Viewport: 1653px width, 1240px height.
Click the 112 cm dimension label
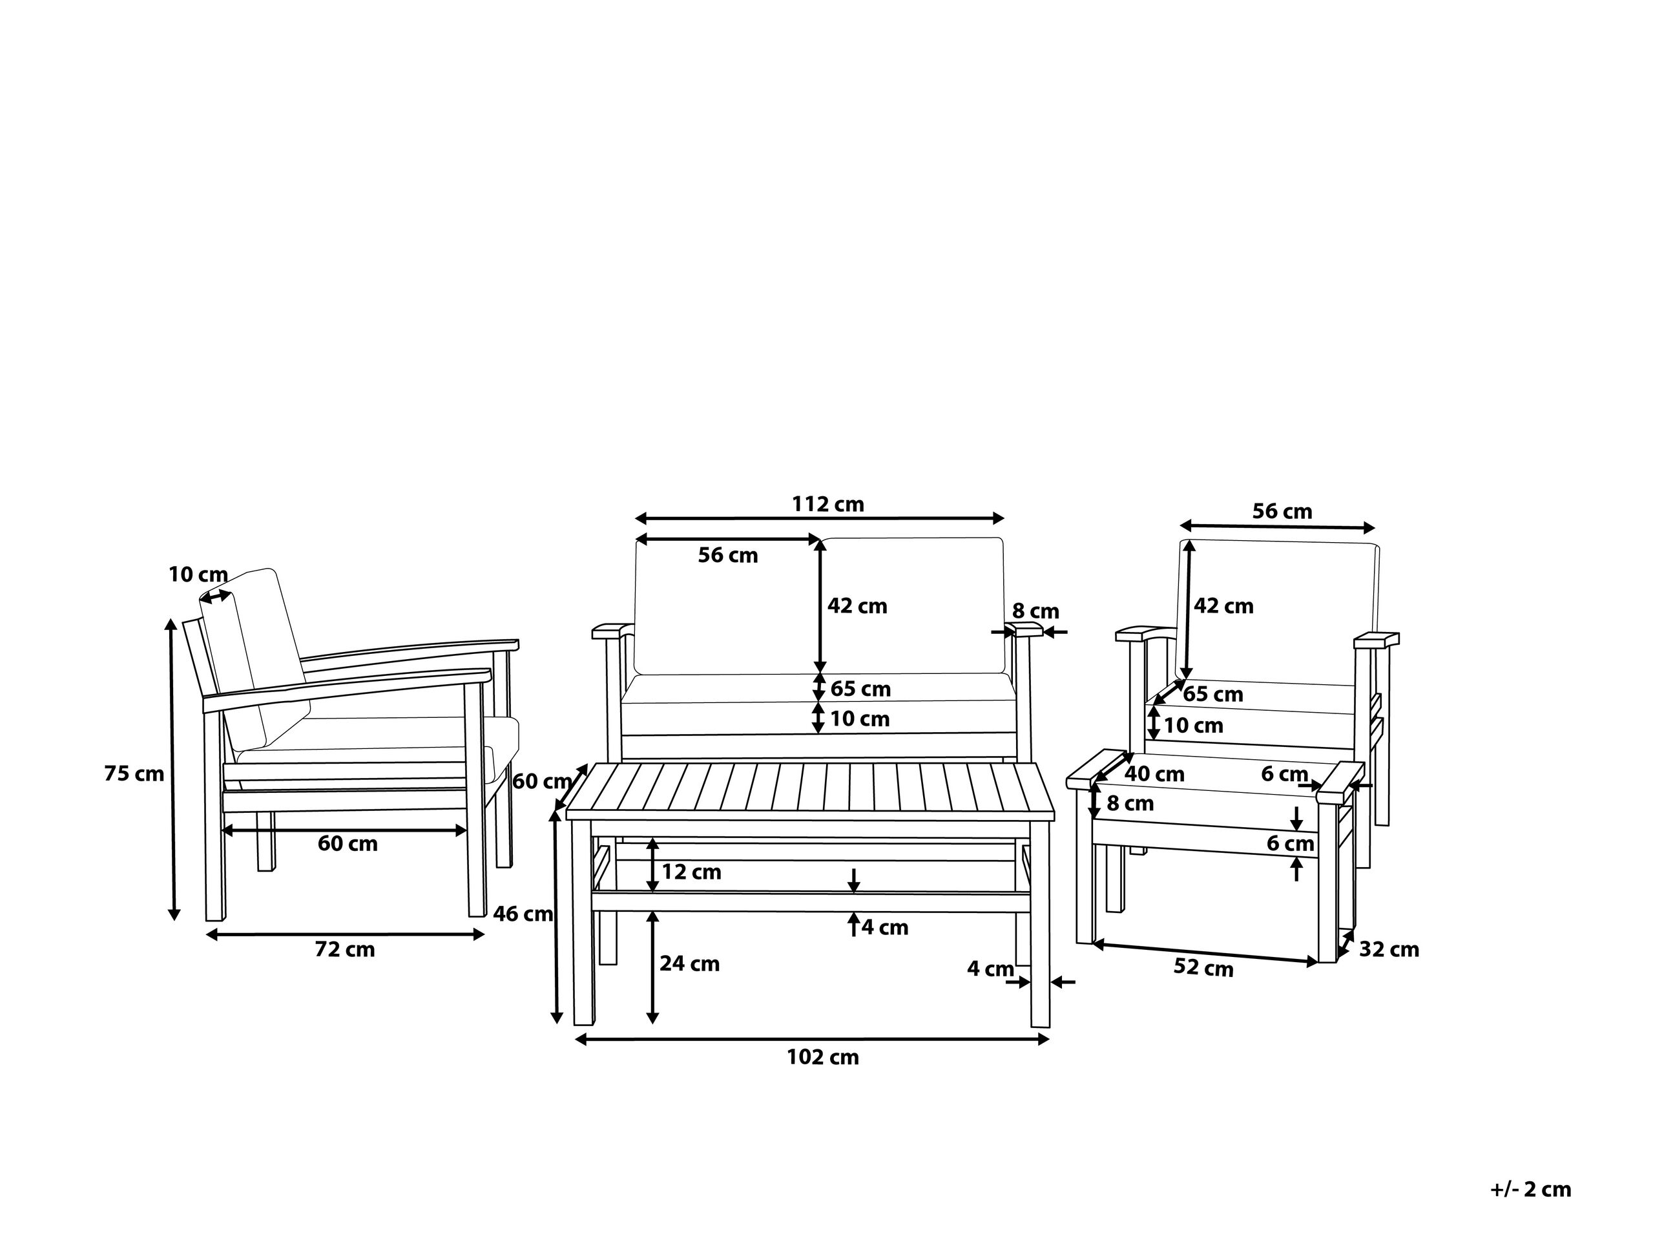point(828,505)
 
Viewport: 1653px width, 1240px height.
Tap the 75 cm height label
point(134,773)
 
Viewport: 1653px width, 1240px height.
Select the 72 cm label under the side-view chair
point(344,949)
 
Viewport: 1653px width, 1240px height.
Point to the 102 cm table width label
point(823,1057)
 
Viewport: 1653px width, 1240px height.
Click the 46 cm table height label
point(523,914)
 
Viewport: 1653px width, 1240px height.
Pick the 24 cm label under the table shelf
point(689,963)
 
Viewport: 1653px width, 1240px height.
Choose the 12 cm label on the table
point(691,872)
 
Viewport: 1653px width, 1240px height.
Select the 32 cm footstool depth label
point(1388,949)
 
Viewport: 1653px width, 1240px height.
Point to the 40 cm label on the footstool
point(1154,773)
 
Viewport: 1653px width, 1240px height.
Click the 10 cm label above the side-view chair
point(198,575)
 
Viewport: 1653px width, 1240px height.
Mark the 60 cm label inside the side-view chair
point(348,843)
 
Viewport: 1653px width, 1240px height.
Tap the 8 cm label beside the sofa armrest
point(1035,611)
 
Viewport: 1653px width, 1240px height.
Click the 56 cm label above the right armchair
point(1282,511)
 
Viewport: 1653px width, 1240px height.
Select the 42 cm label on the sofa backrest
point(857,605)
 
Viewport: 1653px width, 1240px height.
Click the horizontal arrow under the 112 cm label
point(820,519)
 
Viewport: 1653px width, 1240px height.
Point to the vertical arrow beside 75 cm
point(172,770)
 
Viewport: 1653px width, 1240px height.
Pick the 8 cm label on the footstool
point(1130,803)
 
